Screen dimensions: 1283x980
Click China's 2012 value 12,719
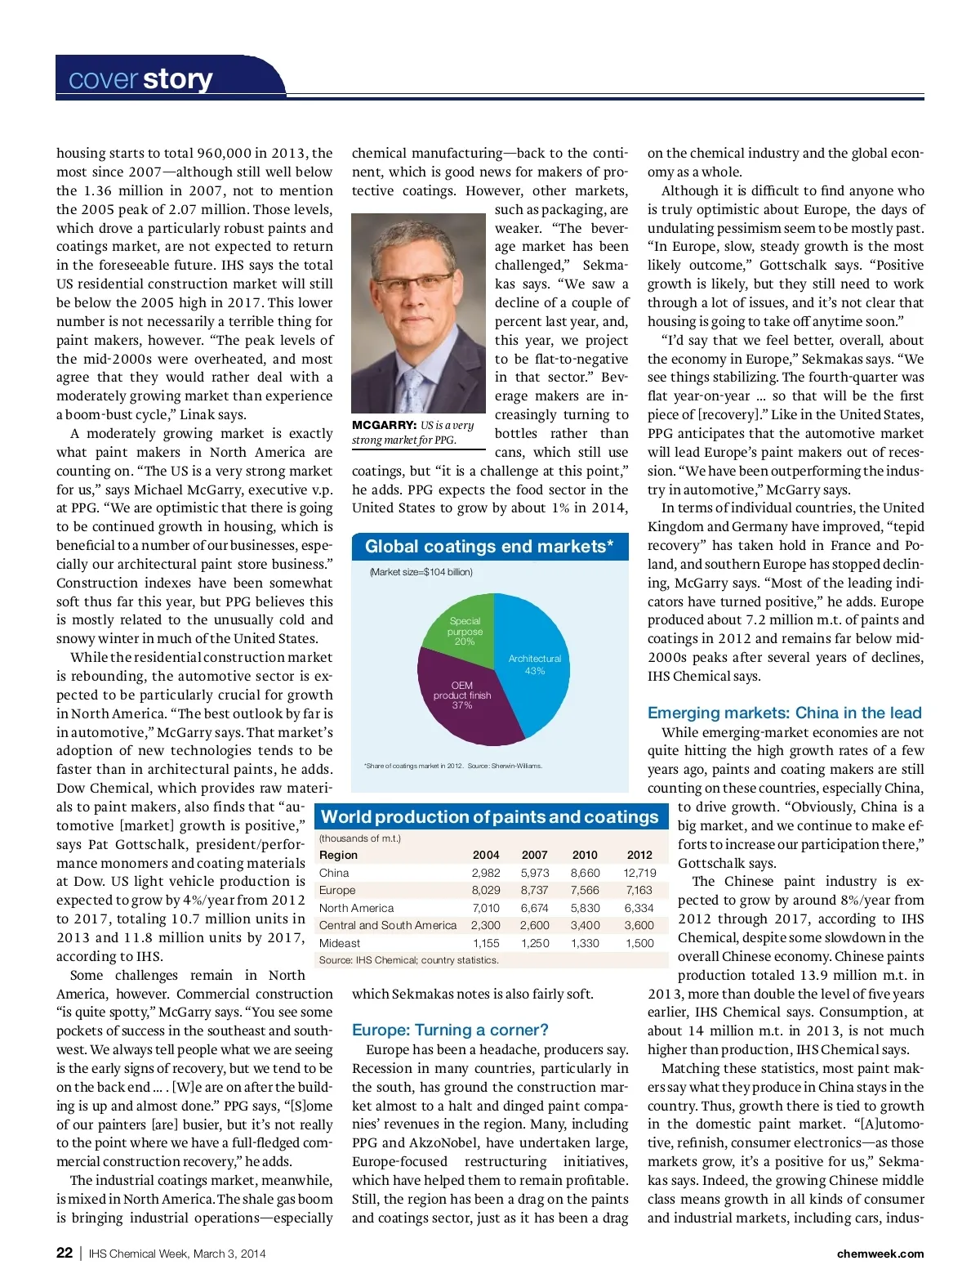click(x=639, y=873)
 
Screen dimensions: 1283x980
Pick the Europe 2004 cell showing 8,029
click(x=486, y=890)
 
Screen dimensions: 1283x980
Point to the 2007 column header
click(x=535, y=855)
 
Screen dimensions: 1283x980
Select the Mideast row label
click(x=340, y=943)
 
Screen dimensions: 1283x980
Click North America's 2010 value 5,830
click(x=585, y=908)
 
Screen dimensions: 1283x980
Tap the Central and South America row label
click(x=388, y=925)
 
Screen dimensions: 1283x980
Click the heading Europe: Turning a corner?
click(x=450, y=1030)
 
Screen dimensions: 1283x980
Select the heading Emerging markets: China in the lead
click(x=784, y=713)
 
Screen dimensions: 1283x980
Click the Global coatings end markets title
click(x=488, y=547)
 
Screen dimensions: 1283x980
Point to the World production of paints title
click(x=489, y=816)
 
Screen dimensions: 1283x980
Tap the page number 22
click(x=65, y=1253)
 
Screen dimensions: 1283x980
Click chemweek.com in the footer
click(x=880, y=1254)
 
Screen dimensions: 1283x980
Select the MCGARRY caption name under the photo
click(x=384, y=425)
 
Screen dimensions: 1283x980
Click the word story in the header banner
click(x=177, y=79)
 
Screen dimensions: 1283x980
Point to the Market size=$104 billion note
click(x=421, y=572)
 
